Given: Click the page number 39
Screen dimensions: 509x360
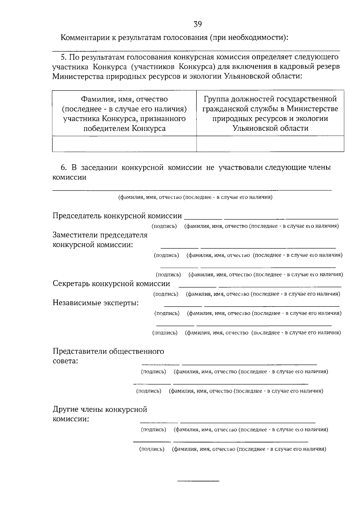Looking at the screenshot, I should pyautogui.click(x=198, y=24).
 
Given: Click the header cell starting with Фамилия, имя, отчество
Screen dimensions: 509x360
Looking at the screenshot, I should pyautogui.click(x=124, y=113).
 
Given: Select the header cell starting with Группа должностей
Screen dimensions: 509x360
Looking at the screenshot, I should pyautogui.click(x=270, y=113).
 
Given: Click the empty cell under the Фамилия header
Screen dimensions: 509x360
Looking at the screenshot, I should pyautogui.click(x=124, y=144).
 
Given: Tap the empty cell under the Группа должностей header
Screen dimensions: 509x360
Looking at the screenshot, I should pyautogui.click(x=270, y=144).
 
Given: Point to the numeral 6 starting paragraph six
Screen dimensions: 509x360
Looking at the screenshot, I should pyautogui.click(x=63, y=167).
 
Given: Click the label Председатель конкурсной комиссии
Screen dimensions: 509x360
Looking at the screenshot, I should pyautogui.click(x=117, y=216).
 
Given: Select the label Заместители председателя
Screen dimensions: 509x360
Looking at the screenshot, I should pyautogui.click(x=100, y=235).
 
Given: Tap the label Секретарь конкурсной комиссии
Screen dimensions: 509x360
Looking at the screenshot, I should pyautogui.click(x=111, y=284).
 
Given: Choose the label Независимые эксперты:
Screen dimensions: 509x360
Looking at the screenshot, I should pyautogui.click(x=96, y=303).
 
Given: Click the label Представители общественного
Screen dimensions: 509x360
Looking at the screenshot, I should pyautogui.click(x=108, y=351).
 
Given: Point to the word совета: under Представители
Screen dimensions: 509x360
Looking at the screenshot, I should pyautogui.click(x=65, y=361).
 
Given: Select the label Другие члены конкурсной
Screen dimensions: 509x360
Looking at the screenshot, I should pyautogui.click(x=100, y=409).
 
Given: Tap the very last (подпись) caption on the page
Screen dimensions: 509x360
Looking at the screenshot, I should pyautogui.click(x=152, y=449).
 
